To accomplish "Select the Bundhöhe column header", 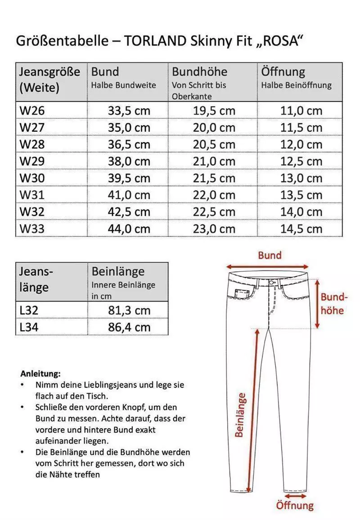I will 199,72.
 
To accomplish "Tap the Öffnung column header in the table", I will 283,72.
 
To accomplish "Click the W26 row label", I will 32,111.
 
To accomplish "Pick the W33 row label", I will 32,229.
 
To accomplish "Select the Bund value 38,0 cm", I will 129,161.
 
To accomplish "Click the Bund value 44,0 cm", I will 129,229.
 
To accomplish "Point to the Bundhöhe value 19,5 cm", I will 214,111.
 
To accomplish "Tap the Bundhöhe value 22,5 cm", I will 214,212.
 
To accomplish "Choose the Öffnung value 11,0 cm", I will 301,111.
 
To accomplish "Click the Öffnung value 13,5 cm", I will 301,195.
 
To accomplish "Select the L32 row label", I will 29,310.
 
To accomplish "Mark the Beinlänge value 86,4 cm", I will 129,327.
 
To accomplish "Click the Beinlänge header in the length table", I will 118,272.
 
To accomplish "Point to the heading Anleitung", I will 40,373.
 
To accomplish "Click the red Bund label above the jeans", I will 270,256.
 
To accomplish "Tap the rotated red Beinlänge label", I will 241,415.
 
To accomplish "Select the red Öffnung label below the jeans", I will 295,505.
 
